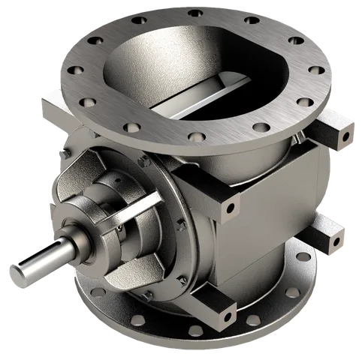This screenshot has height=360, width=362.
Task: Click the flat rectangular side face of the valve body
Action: pos(263,180)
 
